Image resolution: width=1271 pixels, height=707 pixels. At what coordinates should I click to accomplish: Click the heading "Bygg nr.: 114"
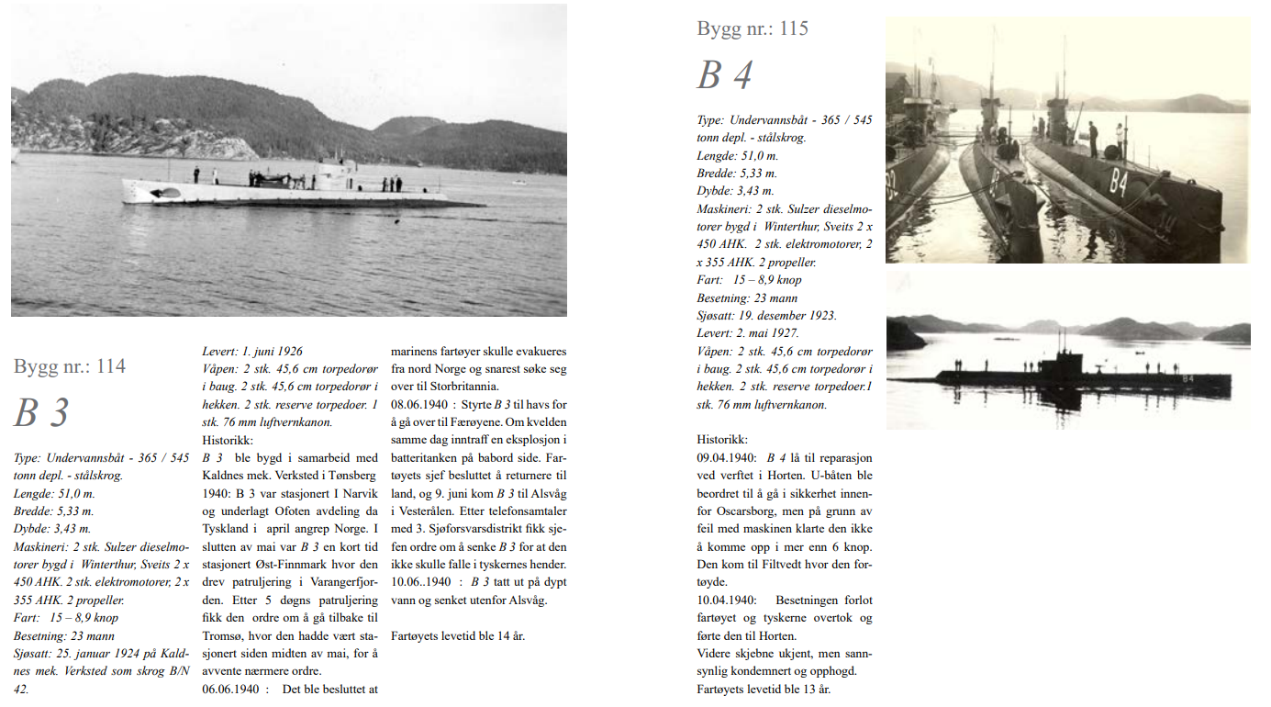(70, 367)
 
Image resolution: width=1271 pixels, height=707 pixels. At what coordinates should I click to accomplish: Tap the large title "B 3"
(42, 413)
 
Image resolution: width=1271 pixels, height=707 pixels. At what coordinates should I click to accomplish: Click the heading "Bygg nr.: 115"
(753, 28)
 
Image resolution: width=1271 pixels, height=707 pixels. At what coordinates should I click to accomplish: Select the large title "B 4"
(725, 75)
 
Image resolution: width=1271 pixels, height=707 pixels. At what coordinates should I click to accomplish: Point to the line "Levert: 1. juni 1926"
(252, 351)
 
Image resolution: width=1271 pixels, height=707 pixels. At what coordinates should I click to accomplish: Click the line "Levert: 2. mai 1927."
(748, 333)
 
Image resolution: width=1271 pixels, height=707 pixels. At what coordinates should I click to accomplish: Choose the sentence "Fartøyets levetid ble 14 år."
(458, 635)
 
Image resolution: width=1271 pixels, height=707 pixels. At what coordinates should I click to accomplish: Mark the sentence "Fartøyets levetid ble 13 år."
(764, 689)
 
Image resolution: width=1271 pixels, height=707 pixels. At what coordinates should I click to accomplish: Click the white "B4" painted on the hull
(1118, 183)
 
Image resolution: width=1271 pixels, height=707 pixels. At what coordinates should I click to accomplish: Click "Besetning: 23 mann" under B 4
(747, 298)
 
